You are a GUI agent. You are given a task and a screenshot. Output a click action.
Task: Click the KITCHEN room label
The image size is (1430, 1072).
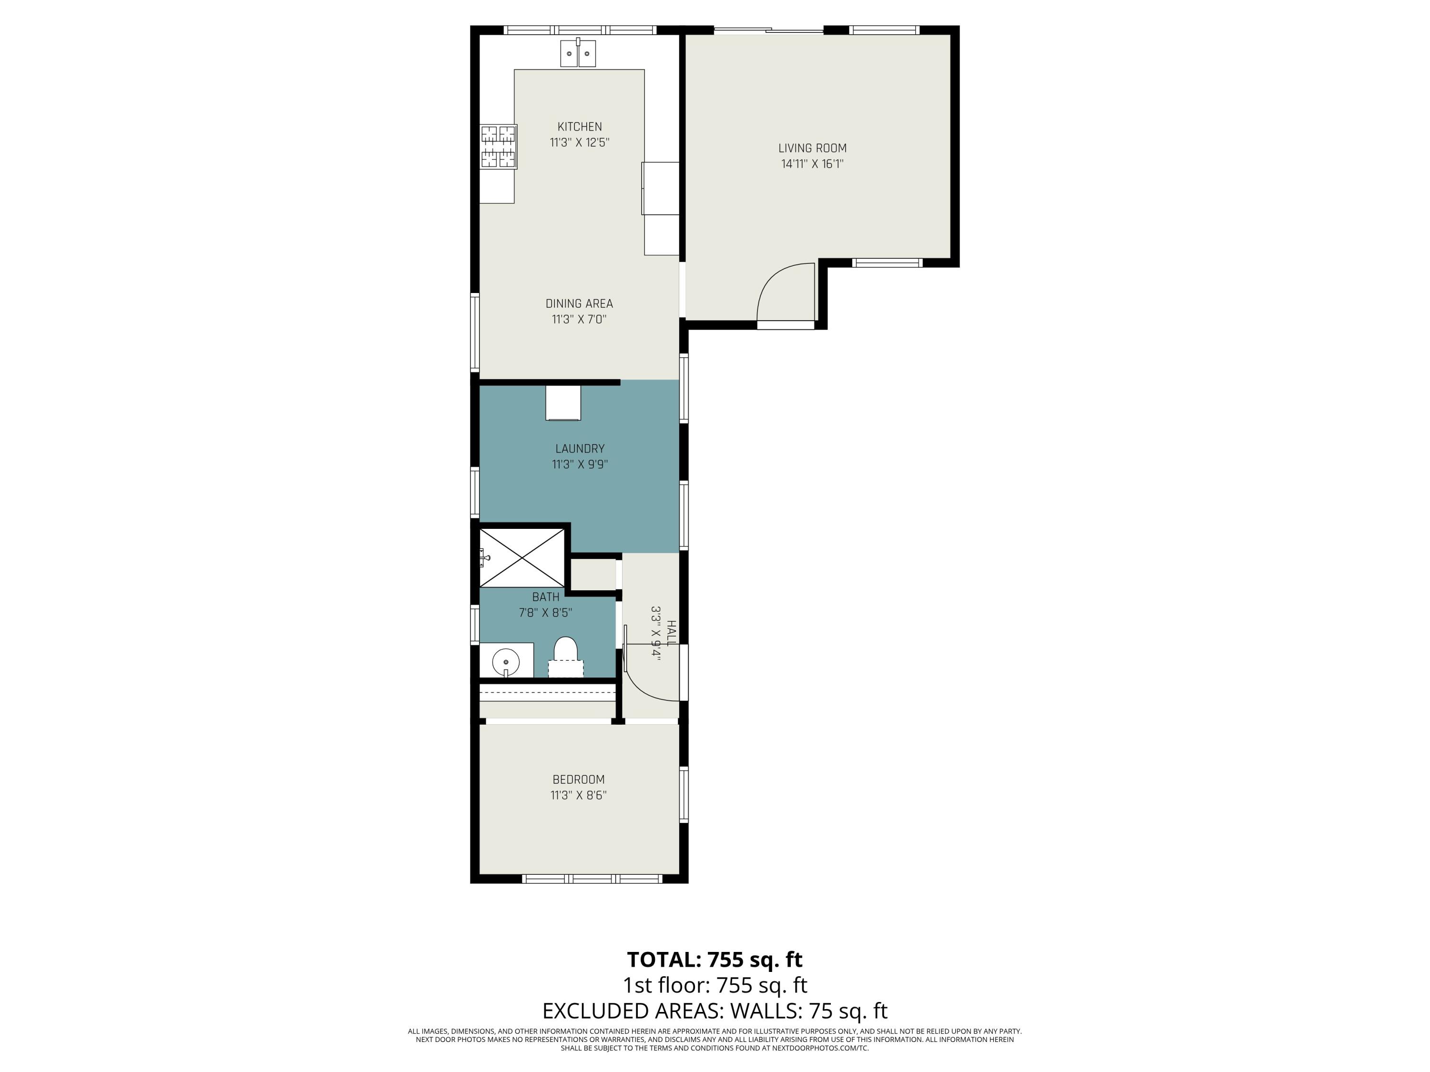(x=579, y=127)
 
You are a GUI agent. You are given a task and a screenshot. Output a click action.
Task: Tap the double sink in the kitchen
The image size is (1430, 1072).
(x=578, y=54)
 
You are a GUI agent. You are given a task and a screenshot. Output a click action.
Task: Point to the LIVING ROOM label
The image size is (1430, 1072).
(x=812, y=148)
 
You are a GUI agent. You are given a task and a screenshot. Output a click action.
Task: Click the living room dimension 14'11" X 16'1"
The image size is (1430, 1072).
(x=812, y=164)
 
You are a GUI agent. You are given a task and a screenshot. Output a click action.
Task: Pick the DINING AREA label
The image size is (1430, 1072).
(x=579, y=303)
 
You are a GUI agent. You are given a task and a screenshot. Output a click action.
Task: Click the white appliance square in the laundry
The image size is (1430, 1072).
(x=562, y=403)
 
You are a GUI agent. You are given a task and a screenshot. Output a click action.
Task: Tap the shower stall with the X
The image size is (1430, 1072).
(x=521, y=557)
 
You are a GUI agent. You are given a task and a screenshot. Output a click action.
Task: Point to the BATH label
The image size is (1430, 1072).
(x=546, y=597)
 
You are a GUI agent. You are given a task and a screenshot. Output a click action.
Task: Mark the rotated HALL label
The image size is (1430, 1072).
(x=671, y=633)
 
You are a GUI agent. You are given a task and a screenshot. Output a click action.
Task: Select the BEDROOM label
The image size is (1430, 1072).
(x=578, y=780)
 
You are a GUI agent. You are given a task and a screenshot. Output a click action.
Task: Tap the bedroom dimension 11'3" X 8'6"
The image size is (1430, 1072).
(x=578, y=796)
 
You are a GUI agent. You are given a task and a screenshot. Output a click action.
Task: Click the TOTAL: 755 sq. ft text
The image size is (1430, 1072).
(x=715, y=960)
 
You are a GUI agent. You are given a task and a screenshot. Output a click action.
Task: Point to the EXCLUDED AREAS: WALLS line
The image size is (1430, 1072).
(x=715, y=1011)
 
